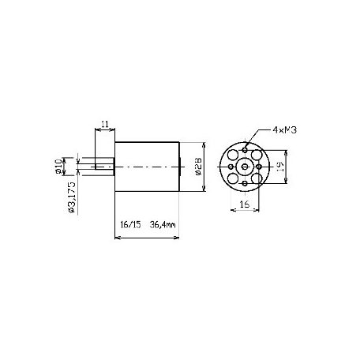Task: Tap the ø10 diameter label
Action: click(60, 166)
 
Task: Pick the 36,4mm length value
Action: click(162, 224)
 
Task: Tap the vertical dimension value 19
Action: click(292, 167)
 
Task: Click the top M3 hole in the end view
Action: click(246, 150)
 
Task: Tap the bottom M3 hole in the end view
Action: click(246, 183)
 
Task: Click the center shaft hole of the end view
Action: click(246, 167)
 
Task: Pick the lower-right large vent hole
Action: click(257, 178)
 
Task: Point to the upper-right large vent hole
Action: click(257, 156)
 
